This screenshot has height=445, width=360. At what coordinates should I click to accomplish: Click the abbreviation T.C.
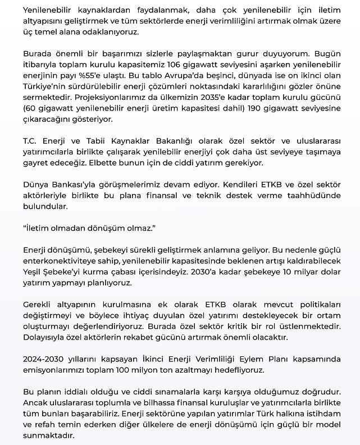(x=31, y=141)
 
